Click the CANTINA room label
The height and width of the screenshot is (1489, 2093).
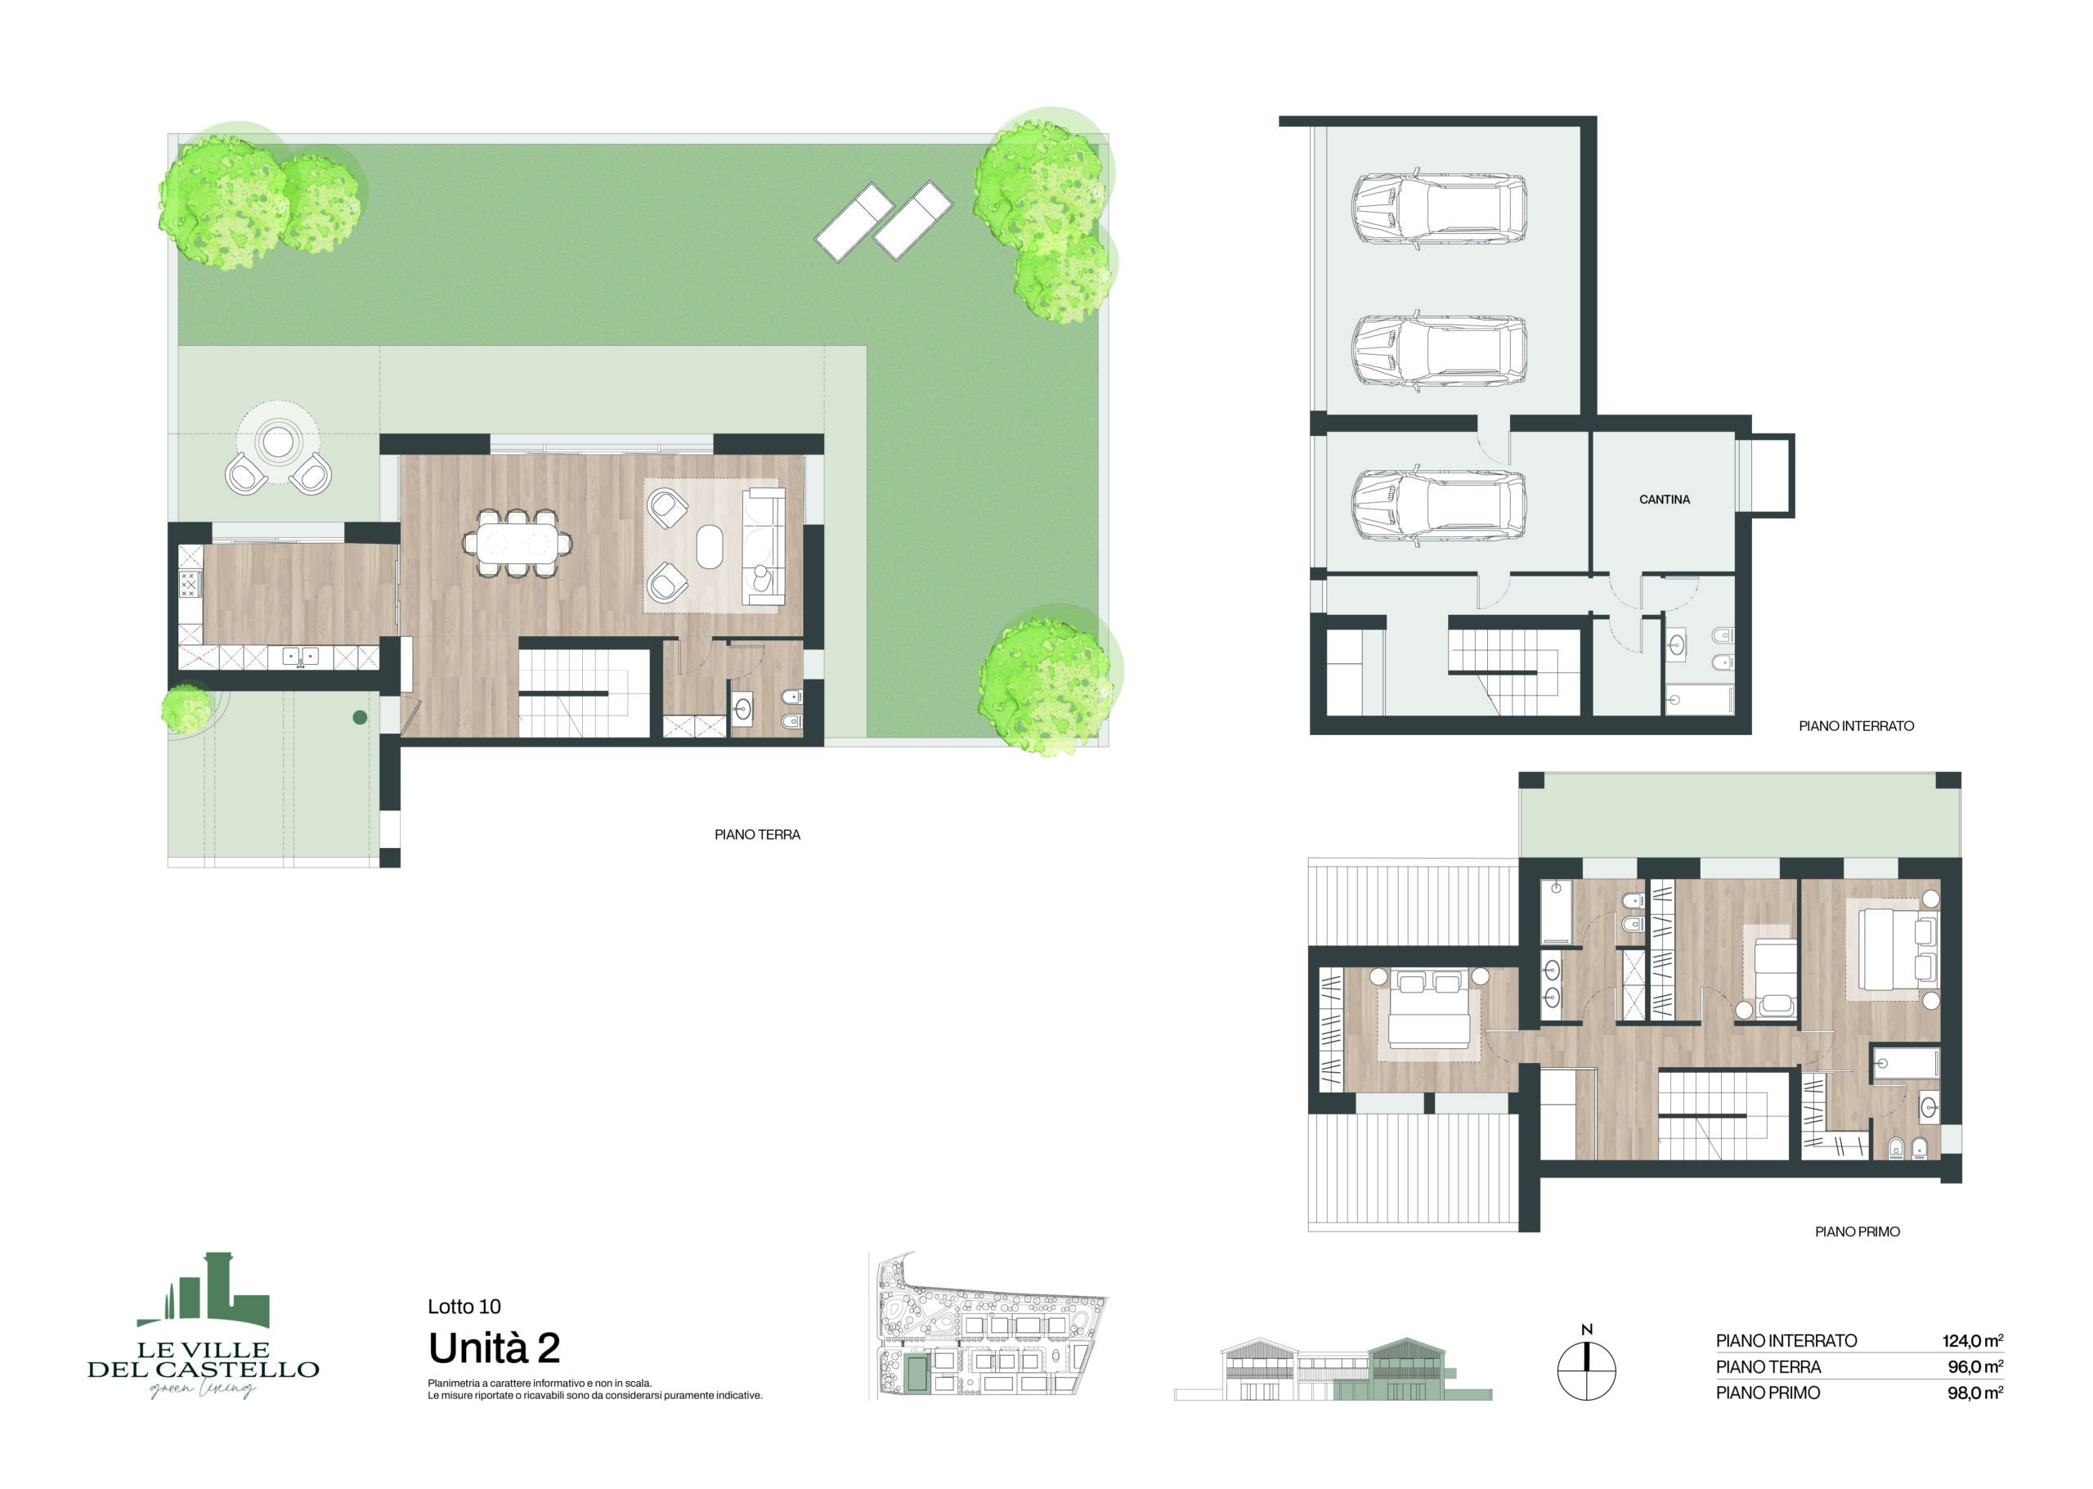[1664, 500]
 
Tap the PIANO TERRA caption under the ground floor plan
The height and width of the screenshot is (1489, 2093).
[757, 834]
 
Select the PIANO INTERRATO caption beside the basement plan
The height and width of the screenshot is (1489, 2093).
[1856, 726]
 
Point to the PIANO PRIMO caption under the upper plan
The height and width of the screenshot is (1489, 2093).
[1858, 1231]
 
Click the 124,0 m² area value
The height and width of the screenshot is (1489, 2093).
[1972, 1340]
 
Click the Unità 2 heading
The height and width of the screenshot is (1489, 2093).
[494, 1348]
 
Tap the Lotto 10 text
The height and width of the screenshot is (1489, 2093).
[464, 1307]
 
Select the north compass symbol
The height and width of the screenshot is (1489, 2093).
[1586, 1366]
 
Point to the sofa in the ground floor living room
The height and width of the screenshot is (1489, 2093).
[764, 546]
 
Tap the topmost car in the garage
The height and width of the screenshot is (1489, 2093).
[1439, 209]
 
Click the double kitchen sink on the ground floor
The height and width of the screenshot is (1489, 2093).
[300, 657]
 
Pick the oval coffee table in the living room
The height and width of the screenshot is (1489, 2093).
[710, 546]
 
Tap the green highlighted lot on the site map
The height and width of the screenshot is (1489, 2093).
[915, 1374]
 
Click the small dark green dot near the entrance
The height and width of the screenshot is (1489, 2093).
[361, 717]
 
